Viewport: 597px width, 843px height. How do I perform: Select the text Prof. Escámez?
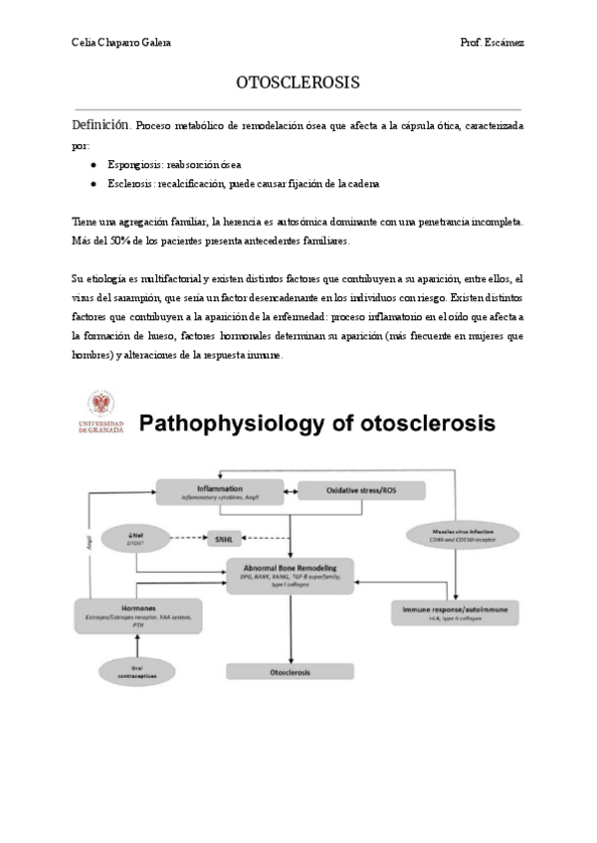pyautogui.click(x=493, y=42)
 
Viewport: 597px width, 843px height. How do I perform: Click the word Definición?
pyautogui.click(x=100, y=126)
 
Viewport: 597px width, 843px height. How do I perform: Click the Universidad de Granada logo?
pyautogui.click(x=99, y=411)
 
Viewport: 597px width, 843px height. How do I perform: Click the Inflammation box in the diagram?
pyautogui.click(x=219, y=491)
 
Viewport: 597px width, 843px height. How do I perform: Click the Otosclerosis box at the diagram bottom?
pyautogui.click(x=290, y=673)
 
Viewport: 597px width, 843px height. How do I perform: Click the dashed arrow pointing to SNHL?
pyautogui.click(x=183, y=540)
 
